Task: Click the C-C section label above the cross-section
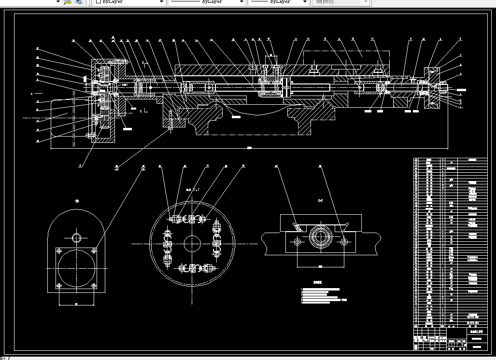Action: coord(320,200)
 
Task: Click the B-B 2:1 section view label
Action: coord(193,190)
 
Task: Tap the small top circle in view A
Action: coord(77,237)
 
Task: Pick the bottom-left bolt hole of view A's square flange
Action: coord(59,286)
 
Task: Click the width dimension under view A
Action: coord(77,304)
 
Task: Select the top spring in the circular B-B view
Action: coord(193,219)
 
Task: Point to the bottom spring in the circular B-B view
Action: coord(193,268)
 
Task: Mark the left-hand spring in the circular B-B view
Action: coord(168,244)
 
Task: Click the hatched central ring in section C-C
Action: coord(319,237)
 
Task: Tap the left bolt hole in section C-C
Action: coord(298,241)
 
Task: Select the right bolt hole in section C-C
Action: coord(343,241)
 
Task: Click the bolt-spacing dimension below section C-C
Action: coord(320,266)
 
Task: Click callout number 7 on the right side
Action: coord(461,55)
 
